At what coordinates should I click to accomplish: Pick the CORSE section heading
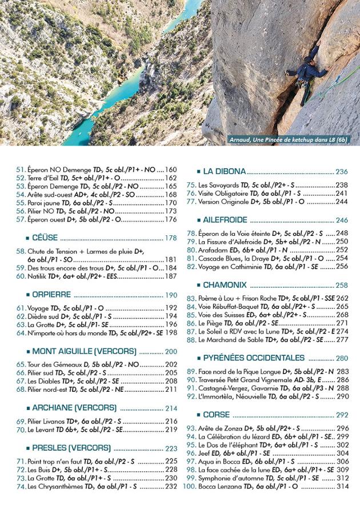coord(216,415)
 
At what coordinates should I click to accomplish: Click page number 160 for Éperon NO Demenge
coord(171,170)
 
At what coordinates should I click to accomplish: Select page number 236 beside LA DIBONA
coord(342,172)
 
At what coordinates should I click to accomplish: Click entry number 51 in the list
coord(20,170)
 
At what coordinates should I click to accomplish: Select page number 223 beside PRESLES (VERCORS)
coord(171,448)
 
